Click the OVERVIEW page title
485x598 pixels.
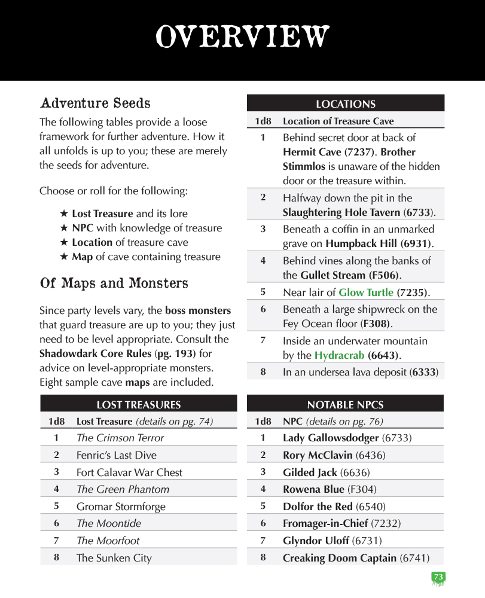click(x=242, y=37)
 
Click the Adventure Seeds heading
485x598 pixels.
click(x=95, y=103)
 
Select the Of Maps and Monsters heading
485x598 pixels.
click(x=114, y=283)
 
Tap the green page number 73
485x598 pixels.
click(x=438, y=577)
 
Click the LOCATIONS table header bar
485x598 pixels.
click(x=346, y=104)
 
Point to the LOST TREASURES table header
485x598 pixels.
click(x=139, y=405)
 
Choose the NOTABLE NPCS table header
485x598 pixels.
click(x=345, y=405)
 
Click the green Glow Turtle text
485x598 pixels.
click(x=366, y=292)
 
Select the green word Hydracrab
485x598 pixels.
click(x=340, y=355)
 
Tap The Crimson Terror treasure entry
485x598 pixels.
click(x=120, y=438)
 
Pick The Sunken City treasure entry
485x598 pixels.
click(x=114, y=558)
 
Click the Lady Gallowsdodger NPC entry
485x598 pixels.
click(x=331, y=438)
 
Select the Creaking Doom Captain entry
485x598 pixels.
click(x=340, y=558)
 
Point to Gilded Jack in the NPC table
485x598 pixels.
click(x=310, y=472)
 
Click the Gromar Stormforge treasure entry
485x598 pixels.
click(x=121, y=507)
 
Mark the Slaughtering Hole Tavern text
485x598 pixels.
click(x=341, y=212)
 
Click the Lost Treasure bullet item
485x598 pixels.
click(x=102, y=213)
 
